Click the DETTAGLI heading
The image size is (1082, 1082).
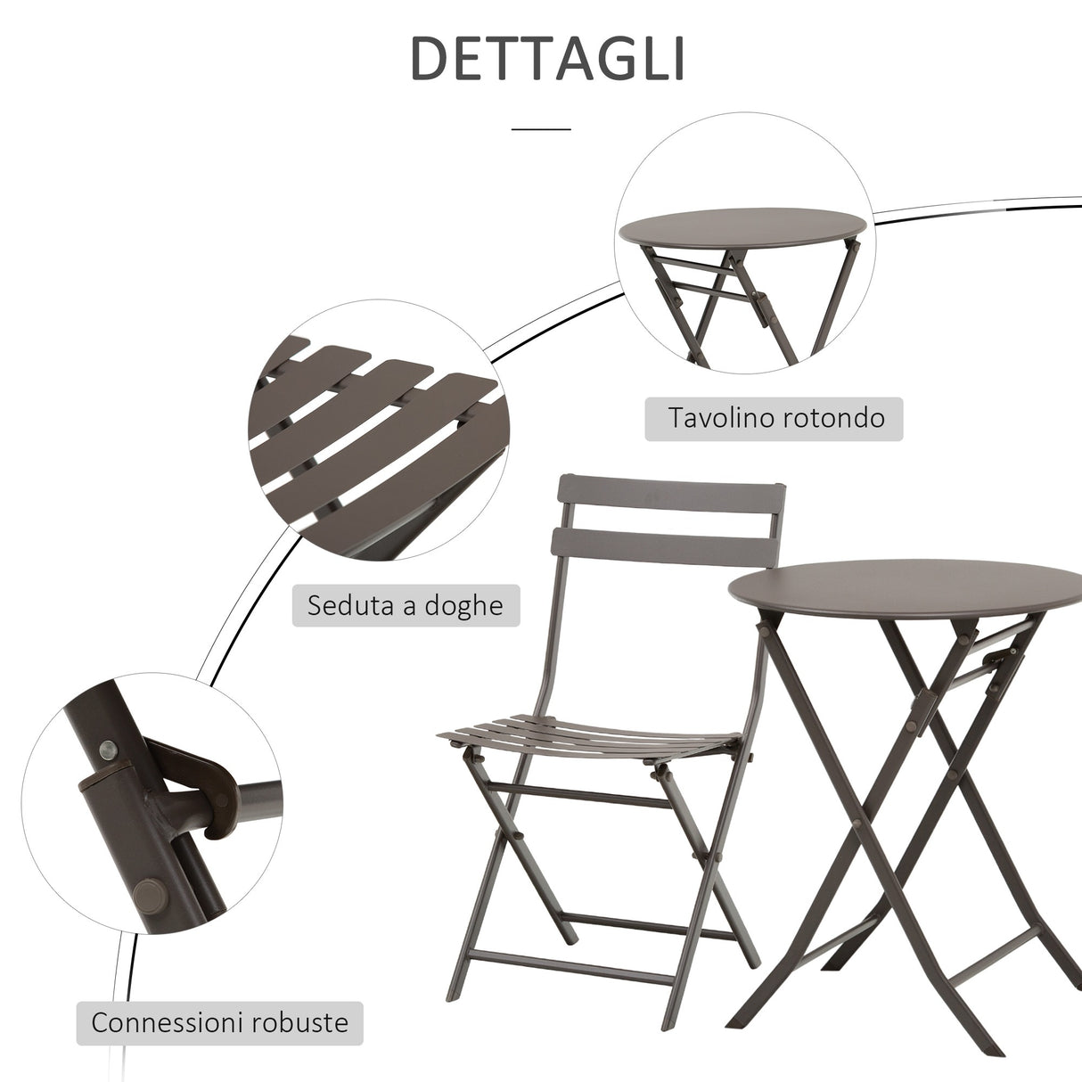coord(547,60)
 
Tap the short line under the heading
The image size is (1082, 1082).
coord(541,129)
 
